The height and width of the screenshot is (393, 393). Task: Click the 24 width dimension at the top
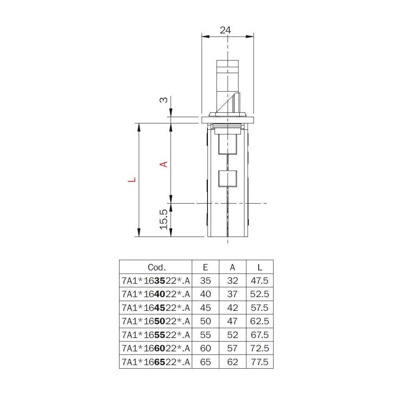coord(225,30)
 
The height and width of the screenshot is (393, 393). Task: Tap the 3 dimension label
coord(163,100)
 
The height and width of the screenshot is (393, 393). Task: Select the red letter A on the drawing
coord(163,164)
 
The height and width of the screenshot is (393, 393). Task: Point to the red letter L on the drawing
coord(132,180)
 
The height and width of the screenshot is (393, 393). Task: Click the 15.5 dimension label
coord(163,220)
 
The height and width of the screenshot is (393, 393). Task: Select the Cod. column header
coord(157,267)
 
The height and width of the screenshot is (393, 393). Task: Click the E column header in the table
coord(205,267)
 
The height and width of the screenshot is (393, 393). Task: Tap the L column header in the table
coord(260,267)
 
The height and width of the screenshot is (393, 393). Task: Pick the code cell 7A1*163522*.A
coord(156,281)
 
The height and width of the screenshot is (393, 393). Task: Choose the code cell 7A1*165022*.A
coord(156,321)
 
